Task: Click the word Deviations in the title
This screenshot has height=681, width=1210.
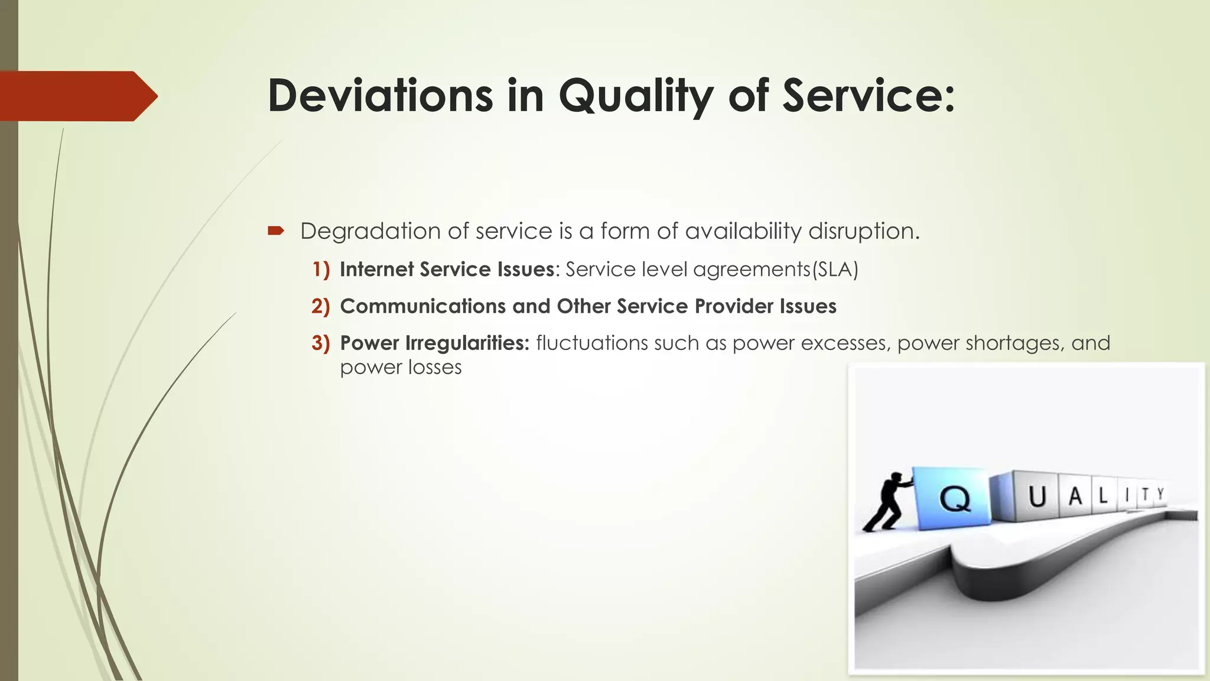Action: click(x=380, y=96)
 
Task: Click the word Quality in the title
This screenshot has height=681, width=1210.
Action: click(x=636, y=97)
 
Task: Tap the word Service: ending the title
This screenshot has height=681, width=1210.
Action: click(x=869, y=96)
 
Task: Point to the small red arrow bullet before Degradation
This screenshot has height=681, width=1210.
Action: click(x=276, y=231)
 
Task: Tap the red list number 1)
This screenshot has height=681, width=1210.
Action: click(x=321, y=270)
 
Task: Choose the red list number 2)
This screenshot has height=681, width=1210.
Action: click(x=321, y=306)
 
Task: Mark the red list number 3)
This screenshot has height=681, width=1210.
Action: click(x=321, y=343)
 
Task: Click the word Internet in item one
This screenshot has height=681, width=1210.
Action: click(x=376, y=270)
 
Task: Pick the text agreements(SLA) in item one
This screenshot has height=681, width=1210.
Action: click(x=775, y=270)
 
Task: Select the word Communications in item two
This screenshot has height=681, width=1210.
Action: click(x=422, y=306)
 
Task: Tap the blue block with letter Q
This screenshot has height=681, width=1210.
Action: click(x=952, y=496)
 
